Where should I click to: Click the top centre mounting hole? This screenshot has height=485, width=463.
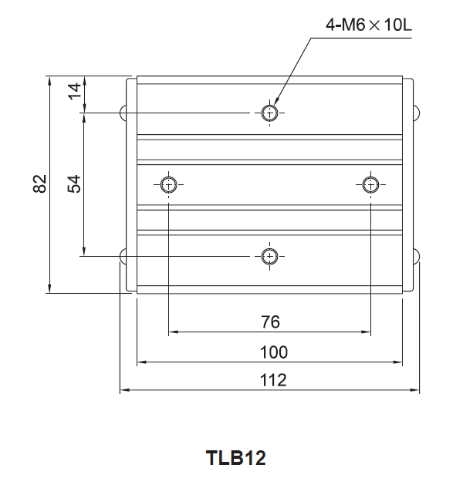click(269, 113)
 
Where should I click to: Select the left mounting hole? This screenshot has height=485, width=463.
click(169, 184)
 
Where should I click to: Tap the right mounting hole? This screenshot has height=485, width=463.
click(370, 184)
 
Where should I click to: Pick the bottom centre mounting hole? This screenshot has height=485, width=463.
click(269, 255)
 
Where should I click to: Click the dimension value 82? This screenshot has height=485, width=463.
click(41, 184)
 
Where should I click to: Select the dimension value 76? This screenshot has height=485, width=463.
click(270, 322)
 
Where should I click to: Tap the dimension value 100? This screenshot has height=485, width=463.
click(273, 352)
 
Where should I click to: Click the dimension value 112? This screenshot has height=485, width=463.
click(273, 379)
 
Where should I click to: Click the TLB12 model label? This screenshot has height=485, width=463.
click(236, 458)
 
